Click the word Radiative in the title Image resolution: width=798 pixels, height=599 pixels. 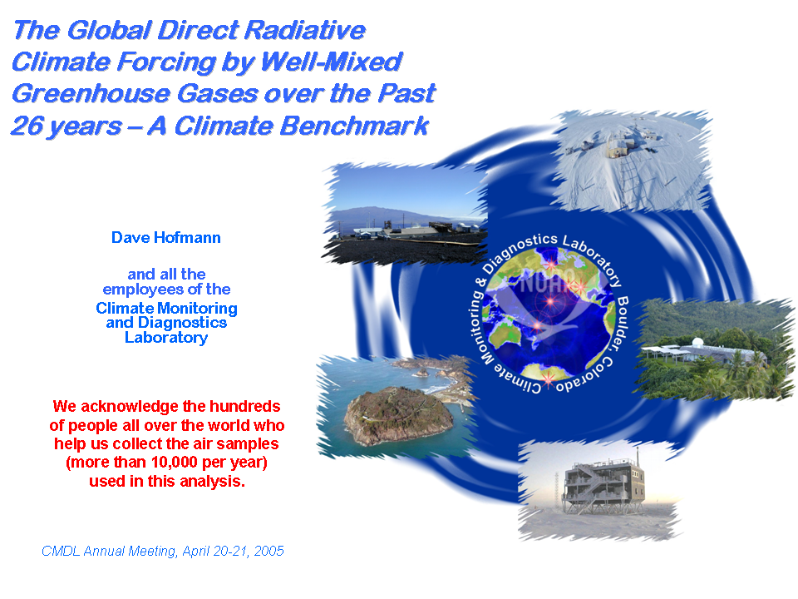tap(305, 30)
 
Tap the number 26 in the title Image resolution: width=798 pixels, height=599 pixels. tap(27, 126)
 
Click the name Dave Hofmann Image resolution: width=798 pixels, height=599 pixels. tap(166, 238)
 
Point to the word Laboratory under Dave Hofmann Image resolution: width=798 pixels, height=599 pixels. tap(166, 338)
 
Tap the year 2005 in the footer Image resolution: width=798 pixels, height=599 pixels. tap(268, 551)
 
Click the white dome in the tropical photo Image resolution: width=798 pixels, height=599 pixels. tap(698, 342)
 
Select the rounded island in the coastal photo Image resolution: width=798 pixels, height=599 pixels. tap(397, 415)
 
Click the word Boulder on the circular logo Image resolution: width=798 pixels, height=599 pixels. tap(623, 324)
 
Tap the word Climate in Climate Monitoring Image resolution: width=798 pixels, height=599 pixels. tap(125, 308)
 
